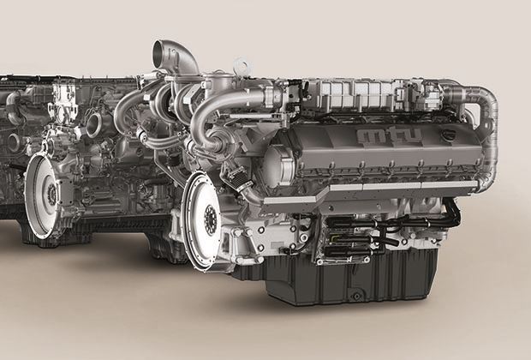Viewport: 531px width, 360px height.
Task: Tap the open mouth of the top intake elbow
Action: click(160, 50)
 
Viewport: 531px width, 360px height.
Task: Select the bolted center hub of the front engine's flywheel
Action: click(211, 219)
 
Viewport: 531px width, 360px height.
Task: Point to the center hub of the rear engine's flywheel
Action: click(52, 195)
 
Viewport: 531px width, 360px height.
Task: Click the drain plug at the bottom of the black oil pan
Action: click(356, 296)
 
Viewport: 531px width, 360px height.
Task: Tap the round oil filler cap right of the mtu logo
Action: click(444, 136)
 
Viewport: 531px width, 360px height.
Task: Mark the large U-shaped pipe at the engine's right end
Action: click(480, 132)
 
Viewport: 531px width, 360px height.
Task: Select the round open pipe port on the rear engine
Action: click(94, 124)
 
